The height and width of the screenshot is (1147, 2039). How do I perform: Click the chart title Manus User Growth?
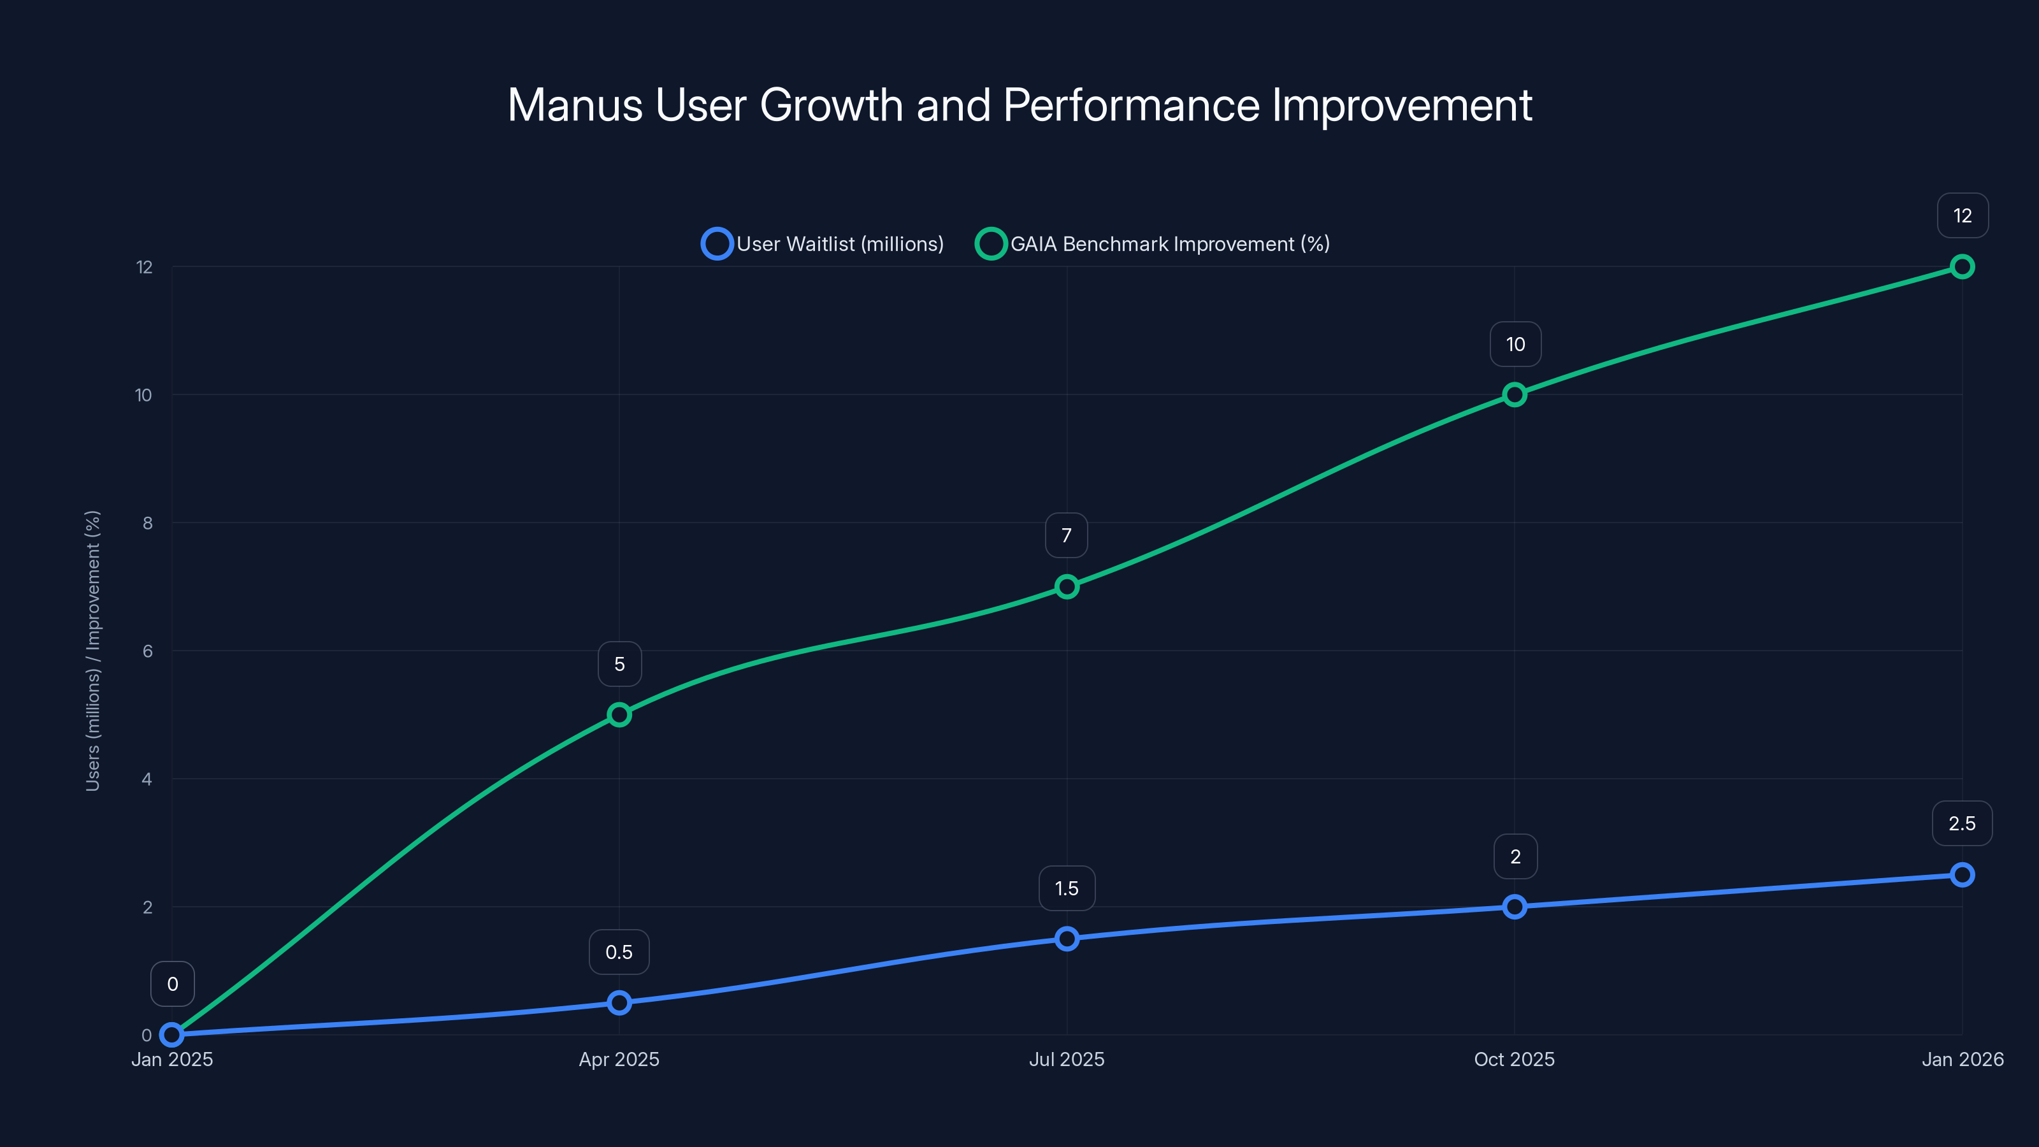pos(1019,105)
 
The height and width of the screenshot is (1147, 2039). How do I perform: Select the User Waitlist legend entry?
pos(823,244)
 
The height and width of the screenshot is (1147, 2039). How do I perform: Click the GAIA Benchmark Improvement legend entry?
pos(1153,244)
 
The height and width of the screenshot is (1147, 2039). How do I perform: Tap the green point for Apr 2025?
pos(619,715)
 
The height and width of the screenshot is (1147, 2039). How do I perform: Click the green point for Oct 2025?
pos(1514,394)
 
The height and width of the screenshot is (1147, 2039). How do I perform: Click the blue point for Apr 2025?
pos(619,1003)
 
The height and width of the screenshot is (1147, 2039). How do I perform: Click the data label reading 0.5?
pos(619,952)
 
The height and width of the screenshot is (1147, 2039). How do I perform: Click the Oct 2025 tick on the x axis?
pos(1514,1060)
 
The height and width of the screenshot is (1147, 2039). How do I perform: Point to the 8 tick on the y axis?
pos(147,523)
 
